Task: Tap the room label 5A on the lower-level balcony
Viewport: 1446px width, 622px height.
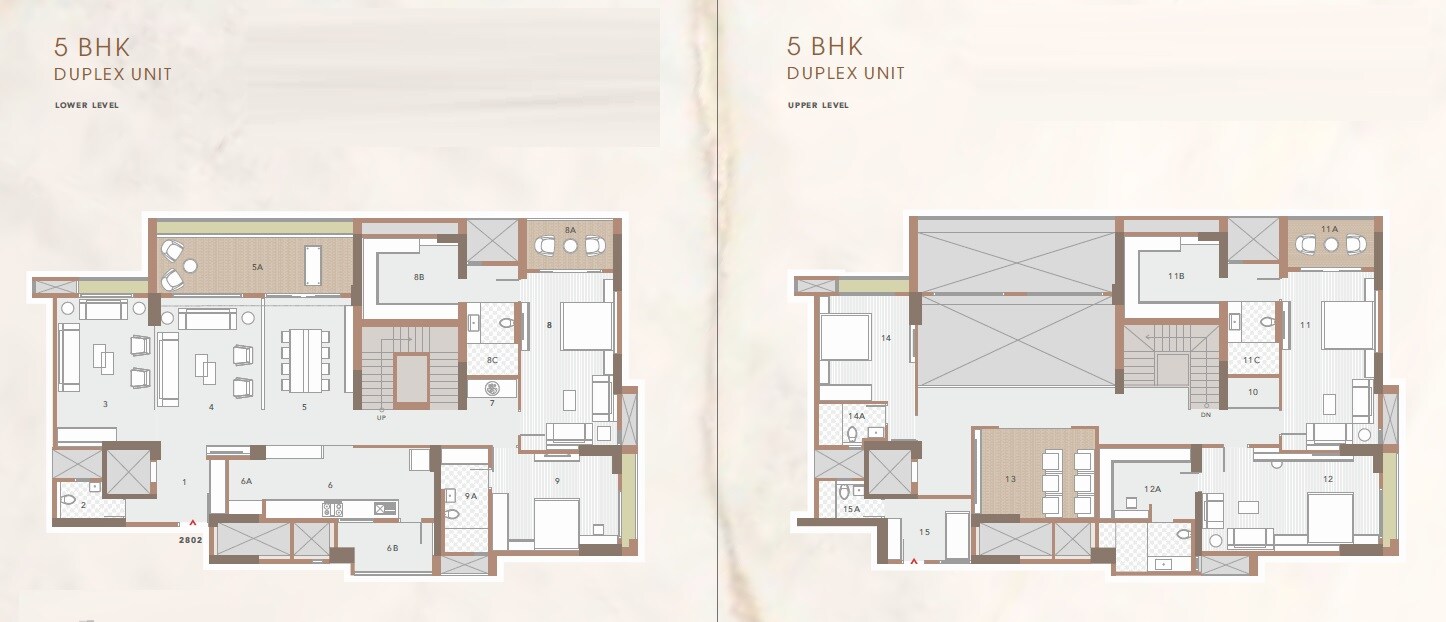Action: (x=257, y=267)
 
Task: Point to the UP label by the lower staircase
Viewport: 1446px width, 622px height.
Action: (x=381, y=417)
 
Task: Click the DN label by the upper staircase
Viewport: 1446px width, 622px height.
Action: (x=1206, y=414)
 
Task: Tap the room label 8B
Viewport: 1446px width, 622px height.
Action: (x=419, y=275)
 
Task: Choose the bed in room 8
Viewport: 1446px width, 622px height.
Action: (x=586, y=326)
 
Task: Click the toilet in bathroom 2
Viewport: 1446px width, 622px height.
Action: (x=68, y=499)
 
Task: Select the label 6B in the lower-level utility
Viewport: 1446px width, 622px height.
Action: (x=392, y=547)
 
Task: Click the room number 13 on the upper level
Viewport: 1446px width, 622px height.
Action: (x=1010, y=480)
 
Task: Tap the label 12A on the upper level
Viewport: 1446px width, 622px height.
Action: (x=1152, y=489)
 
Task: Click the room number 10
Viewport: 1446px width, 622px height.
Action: (x=1253, y=393)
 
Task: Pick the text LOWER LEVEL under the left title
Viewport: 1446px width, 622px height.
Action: (x=87, y=105)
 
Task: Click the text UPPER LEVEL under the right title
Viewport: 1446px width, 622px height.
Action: (x=818, y=105)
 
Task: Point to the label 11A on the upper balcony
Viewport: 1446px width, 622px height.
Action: (x=1329, y=229)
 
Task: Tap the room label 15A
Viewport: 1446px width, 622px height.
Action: (x=851, y=509)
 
